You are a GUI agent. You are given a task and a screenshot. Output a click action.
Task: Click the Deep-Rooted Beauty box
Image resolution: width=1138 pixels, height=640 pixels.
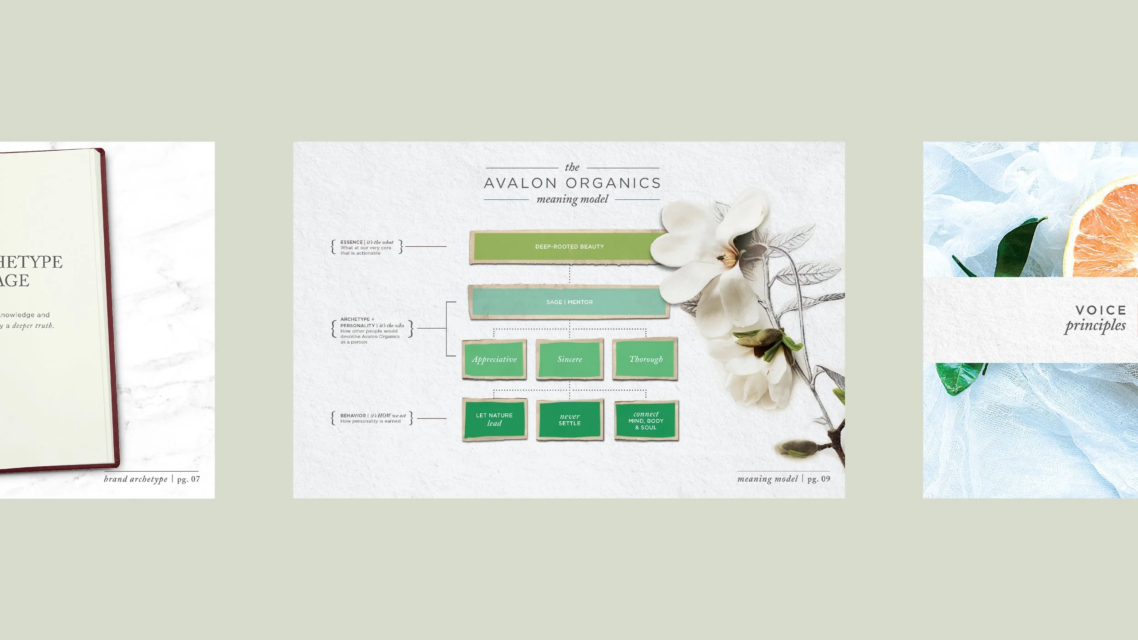click(569, 247)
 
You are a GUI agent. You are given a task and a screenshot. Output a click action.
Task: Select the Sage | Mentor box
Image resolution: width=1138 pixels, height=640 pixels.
click(569, 302)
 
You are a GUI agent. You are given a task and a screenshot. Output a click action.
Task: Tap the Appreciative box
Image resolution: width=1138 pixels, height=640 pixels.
click(494, 359)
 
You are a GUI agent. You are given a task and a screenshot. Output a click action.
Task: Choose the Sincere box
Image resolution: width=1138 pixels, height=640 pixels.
click(569, 359)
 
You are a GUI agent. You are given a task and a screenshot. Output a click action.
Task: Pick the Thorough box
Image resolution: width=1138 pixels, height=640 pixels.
click(645, 359)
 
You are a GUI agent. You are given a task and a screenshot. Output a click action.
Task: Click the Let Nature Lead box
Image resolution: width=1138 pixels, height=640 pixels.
click(494, 419)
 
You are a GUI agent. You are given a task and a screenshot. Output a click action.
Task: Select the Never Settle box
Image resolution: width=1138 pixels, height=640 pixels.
click(569, 420)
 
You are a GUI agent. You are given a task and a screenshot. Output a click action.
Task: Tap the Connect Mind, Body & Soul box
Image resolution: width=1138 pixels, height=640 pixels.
click(646, 421)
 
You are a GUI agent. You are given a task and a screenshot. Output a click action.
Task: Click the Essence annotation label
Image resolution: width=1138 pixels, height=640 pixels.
click(366, 247)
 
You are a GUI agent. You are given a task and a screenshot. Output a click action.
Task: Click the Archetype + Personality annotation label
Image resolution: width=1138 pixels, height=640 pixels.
click(371, 330)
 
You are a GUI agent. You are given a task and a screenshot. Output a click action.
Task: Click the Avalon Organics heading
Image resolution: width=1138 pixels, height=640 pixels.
click(572, 183)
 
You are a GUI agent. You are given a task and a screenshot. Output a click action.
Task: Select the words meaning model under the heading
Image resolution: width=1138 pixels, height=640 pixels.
click(572, 199)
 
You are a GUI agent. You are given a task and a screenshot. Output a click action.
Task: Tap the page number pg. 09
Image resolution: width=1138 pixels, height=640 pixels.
click(818, 479)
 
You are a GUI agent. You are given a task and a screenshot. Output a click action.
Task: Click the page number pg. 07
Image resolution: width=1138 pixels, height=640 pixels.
click(188, 479)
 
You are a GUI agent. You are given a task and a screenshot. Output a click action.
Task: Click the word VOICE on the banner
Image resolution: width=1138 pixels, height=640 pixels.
click(1101, 310)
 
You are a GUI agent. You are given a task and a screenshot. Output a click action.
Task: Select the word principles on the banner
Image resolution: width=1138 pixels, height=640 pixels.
click(1095, 326)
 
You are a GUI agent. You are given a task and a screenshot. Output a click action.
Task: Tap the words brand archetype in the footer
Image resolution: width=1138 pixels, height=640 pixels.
click(136, 479)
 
